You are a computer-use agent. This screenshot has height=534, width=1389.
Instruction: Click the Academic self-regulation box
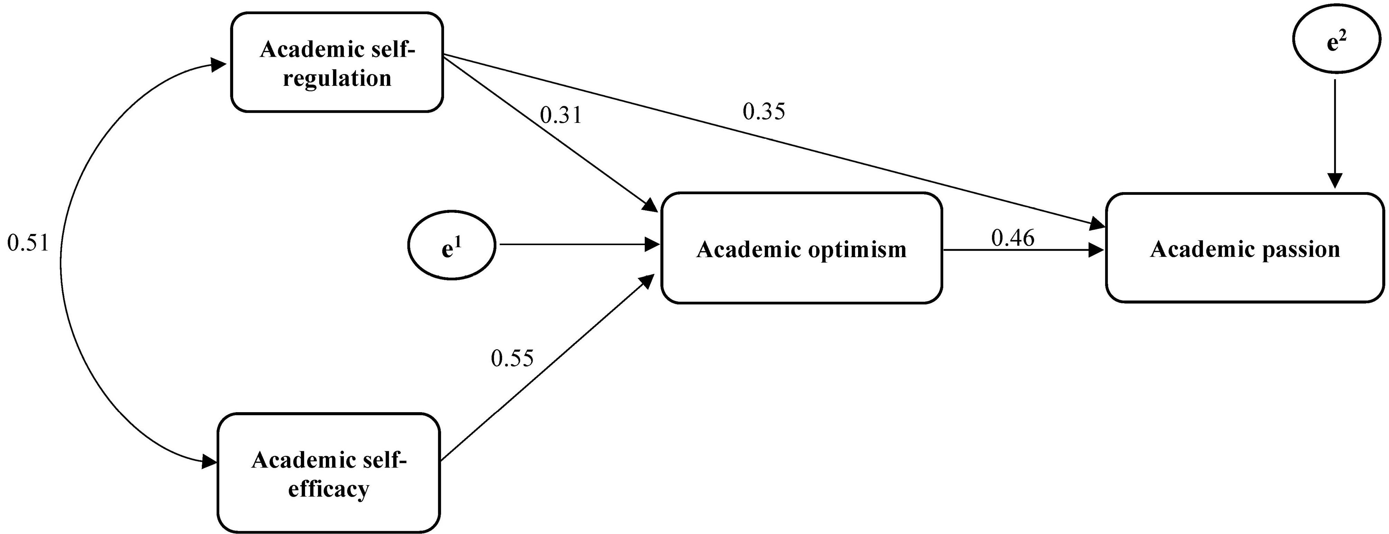pos(337,62)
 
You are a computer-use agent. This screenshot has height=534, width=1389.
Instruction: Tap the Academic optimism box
pos(801,248)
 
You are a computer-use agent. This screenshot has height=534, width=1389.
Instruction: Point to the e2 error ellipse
pos(1335,44)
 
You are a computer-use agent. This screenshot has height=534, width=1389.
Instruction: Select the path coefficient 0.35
pos(764,112)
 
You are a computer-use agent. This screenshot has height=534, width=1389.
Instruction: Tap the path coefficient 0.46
pos(1013,238)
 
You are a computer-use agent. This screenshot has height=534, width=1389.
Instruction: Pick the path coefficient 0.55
pos(512,358)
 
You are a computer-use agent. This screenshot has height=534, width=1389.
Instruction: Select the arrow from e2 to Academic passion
pos(1335,135)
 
